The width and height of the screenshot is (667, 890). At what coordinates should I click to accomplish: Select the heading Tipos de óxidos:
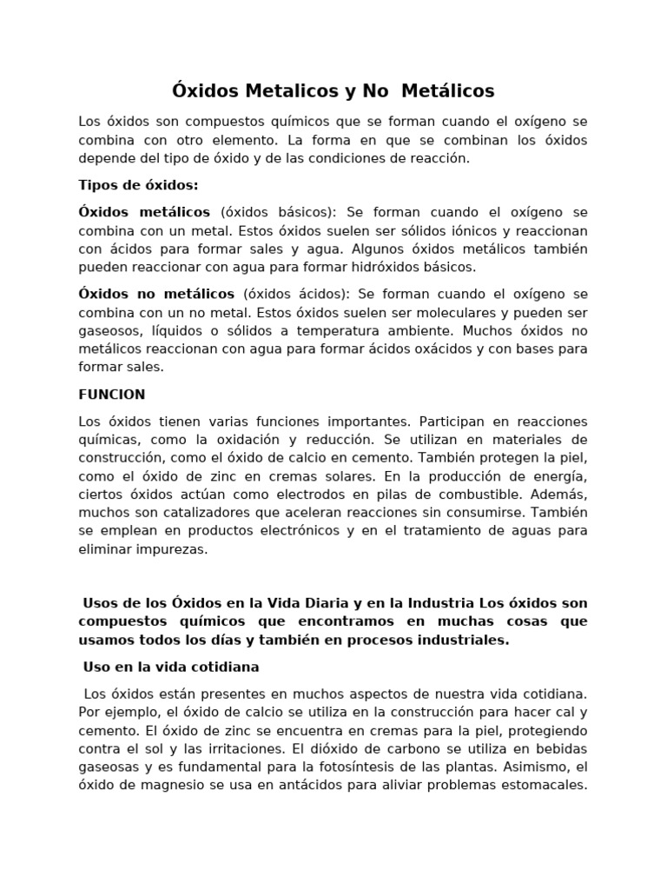[x=138, y=185]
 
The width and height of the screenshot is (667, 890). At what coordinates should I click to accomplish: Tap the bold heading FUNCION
[x=111, y=395]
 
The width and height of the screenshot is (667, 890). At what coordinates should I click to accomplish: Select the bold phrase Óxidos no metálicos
[x=156, y=294]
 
